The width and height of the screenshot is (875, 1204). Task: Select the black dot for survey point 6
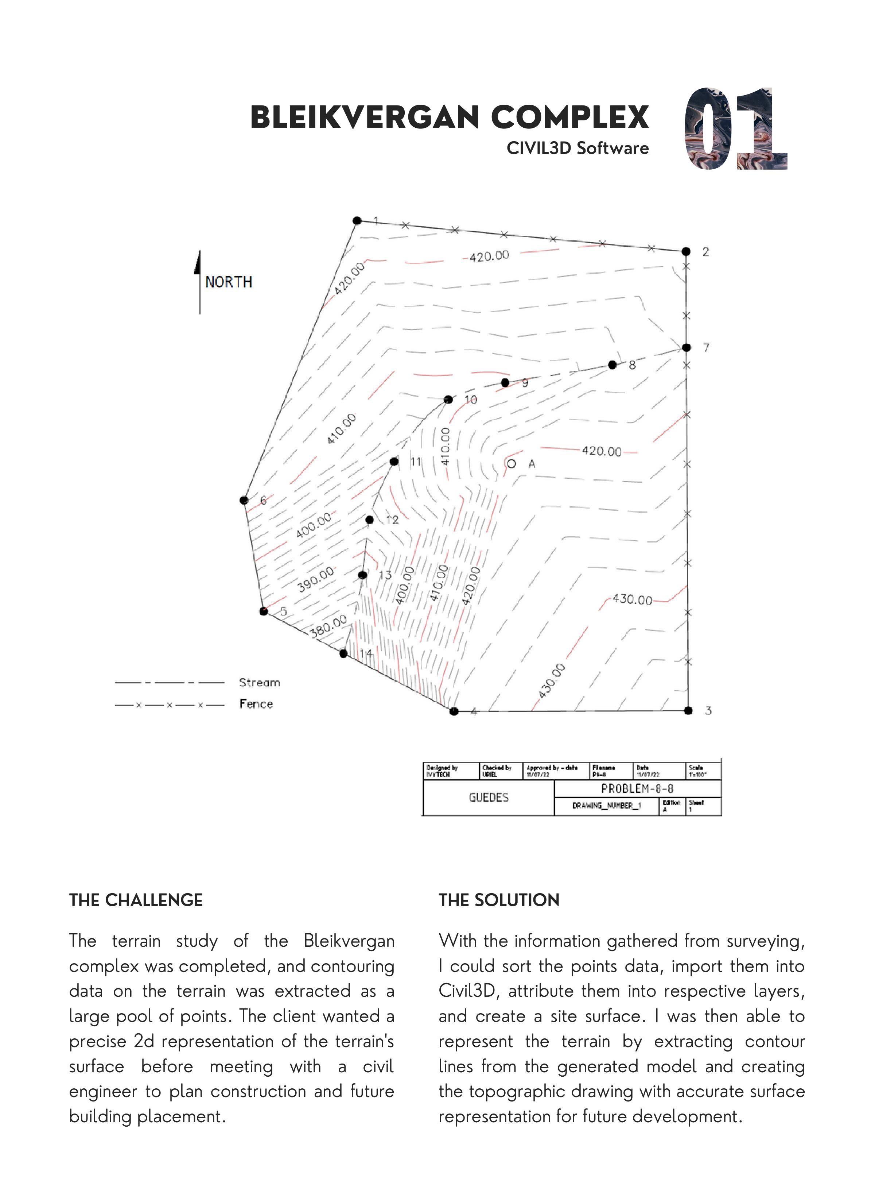point(244,501)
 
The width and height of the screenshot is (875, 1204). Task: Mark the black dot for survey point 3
point(688,710)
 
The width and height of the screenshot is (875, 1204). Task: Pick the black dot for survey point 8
point(612,365)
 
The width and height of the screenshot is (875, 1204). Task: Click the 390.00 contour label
point(316,579)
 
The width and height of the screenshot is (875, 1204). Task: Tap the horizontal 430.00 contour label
point(632,599)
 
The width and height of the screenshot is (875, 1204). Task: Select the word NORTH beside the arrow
point(229,282)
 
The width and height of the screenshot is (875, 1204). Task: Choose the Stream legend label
point(259,683)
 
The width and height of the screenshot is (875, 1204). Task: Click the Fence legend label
point(256,704)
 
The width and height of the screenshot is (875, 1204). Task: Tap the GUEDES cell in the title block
point(488,797)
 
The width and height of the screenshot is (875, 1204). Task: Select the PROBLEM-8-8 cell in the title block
point(637,789)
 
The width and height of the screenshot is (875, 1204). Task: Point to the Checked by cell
point(500,771)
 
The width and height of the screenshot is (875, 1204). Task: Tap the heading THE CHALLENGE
point(136,900)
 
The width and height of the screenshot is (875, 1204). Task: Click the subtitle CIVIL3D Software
point(577,148)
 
